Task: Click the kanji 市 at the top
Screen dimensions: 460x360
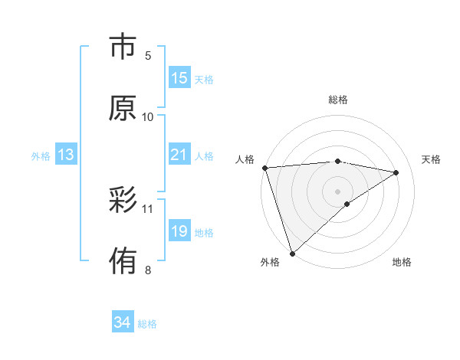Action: pyautogui.click(x=123, y=47)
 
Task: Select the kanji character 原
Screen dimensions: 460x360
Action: pyautogui.click(x=123, y=108)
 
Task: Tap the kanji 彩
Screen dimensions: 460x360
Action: pyautogui.click(x=123, y=200)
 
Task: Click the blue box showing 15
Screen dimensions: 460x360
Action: pyautogui.click(x=179, y=78)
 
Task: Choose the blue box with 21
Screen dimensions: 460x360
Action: pyautogui.click(x=179, y=155)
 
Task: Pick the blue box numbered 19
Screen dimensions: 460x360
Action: pyautogui.click(x=179, y=231)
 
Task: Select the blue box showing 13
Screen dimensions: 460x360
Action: pyautogui.click(x=66, y=155)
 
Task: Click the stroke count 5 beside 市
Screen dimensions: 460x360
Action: pyautogui.click(x=148, y=55)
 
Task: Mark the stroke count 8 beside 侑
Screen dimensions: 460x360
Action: pyautogui.click(x=148, y=269)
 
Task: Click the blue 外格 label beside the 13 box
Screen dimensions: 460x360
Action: pyautogui.click(x=41, y=156)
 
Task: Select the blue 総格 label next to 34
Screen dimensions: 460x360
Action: pyautogui.click(x=147, y=324)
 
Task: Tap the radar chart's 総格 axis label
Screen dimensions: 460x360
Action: pyautogui.click(x=338, y=100)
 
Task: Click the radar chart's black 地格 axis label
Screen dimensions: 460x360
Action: pyautogui.click(x=402, y=262)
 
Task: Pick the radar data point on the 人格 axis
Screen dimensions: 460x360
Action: pyautogui.click(x=264, y=168)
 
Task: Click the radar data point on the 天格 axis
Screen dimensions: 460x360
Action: pyautogui.click(x=396, y=172)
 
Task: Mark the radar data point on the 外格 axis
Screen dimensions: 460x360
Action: pyautogui.click(x=292, y=252)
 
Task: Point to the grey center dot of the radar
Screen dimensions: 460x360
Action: pyautogui.click(x=338, y=191)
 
